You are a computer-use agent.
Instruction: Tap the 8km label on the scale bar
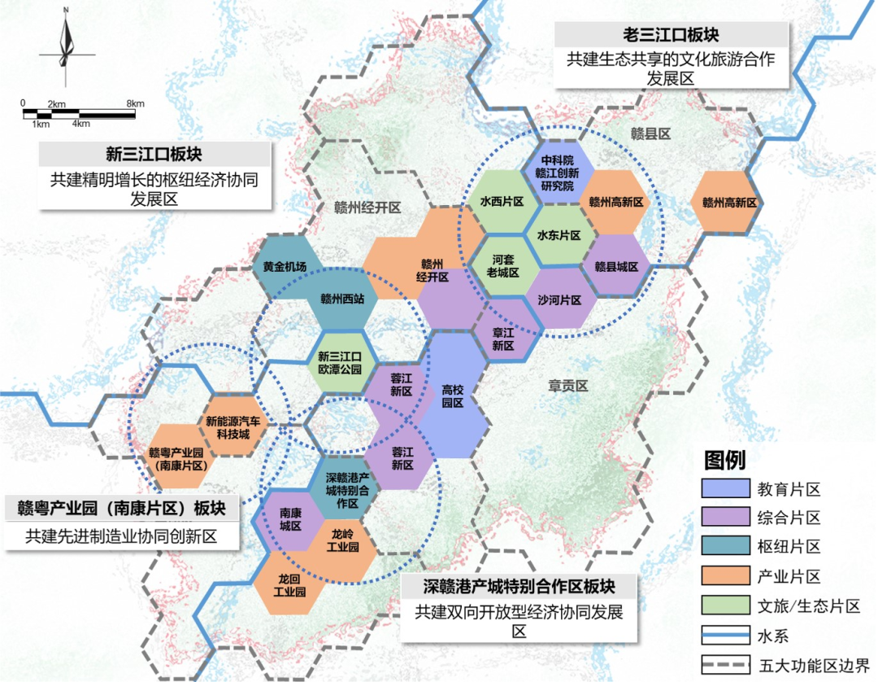click(135, 103)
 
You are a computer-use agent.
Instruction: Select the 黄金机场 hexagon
click(285, 267)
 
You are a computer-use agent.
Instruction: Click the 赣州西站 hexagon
click(342, 299)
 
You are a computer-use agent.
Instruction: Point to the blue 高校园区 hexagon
click(452, 396)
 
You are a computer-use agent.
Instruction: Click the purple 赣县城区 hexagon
click(615, 266)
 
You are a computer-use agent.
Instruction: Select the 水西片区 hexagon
click(501, 202)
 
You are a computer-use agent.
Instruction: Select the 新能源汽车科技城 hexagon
click(233, 427)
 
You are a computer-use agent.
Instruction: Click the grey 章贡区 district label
click(567, 387)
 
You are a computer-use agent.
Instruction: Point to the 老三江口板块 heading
click(672, 35)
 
